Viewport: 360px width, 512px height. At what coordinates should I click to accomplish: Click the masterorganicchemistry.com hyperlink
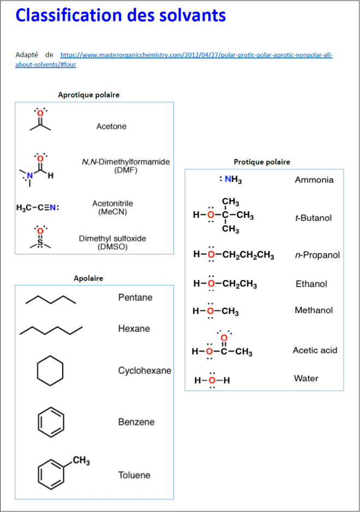point(196,55)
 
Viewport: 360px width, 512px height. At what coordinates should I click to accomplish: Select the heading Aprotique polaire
point(89,95)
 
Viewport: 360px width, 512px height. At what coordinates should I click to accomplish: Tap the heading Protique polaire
point(262,162)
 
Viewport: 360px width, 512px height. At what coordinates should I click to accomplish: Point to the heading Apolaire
point(88,278)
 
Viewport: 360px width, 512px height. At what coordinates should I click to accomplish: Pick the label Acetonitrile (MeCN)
point(112,207)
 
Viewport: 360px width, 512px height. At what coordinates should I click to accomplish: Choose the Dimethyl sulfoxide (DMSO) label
point(112,243)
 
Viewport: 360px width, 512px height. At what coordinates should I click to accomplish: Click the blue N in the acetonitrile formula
point(53,208)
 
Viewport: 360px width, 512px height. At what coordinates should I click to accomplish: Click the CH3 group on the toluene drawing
point(81,461)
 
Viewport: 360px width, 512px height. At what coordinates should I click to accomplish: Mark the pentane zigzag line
point(51,300)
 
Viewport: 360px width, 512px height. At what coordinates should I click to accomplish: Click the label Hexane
point(134,329)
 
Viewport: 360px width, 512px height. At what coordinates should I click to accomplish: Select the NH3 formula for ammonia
point(231,180)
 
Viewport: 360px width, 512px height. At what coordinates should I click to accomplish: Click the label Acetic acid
point(315,350)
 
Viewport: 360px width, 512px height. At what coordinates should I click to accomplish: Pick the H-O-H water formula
point(212,380)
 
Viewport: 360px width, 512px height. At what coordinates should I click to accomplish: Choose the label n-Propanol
point(317,255)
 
